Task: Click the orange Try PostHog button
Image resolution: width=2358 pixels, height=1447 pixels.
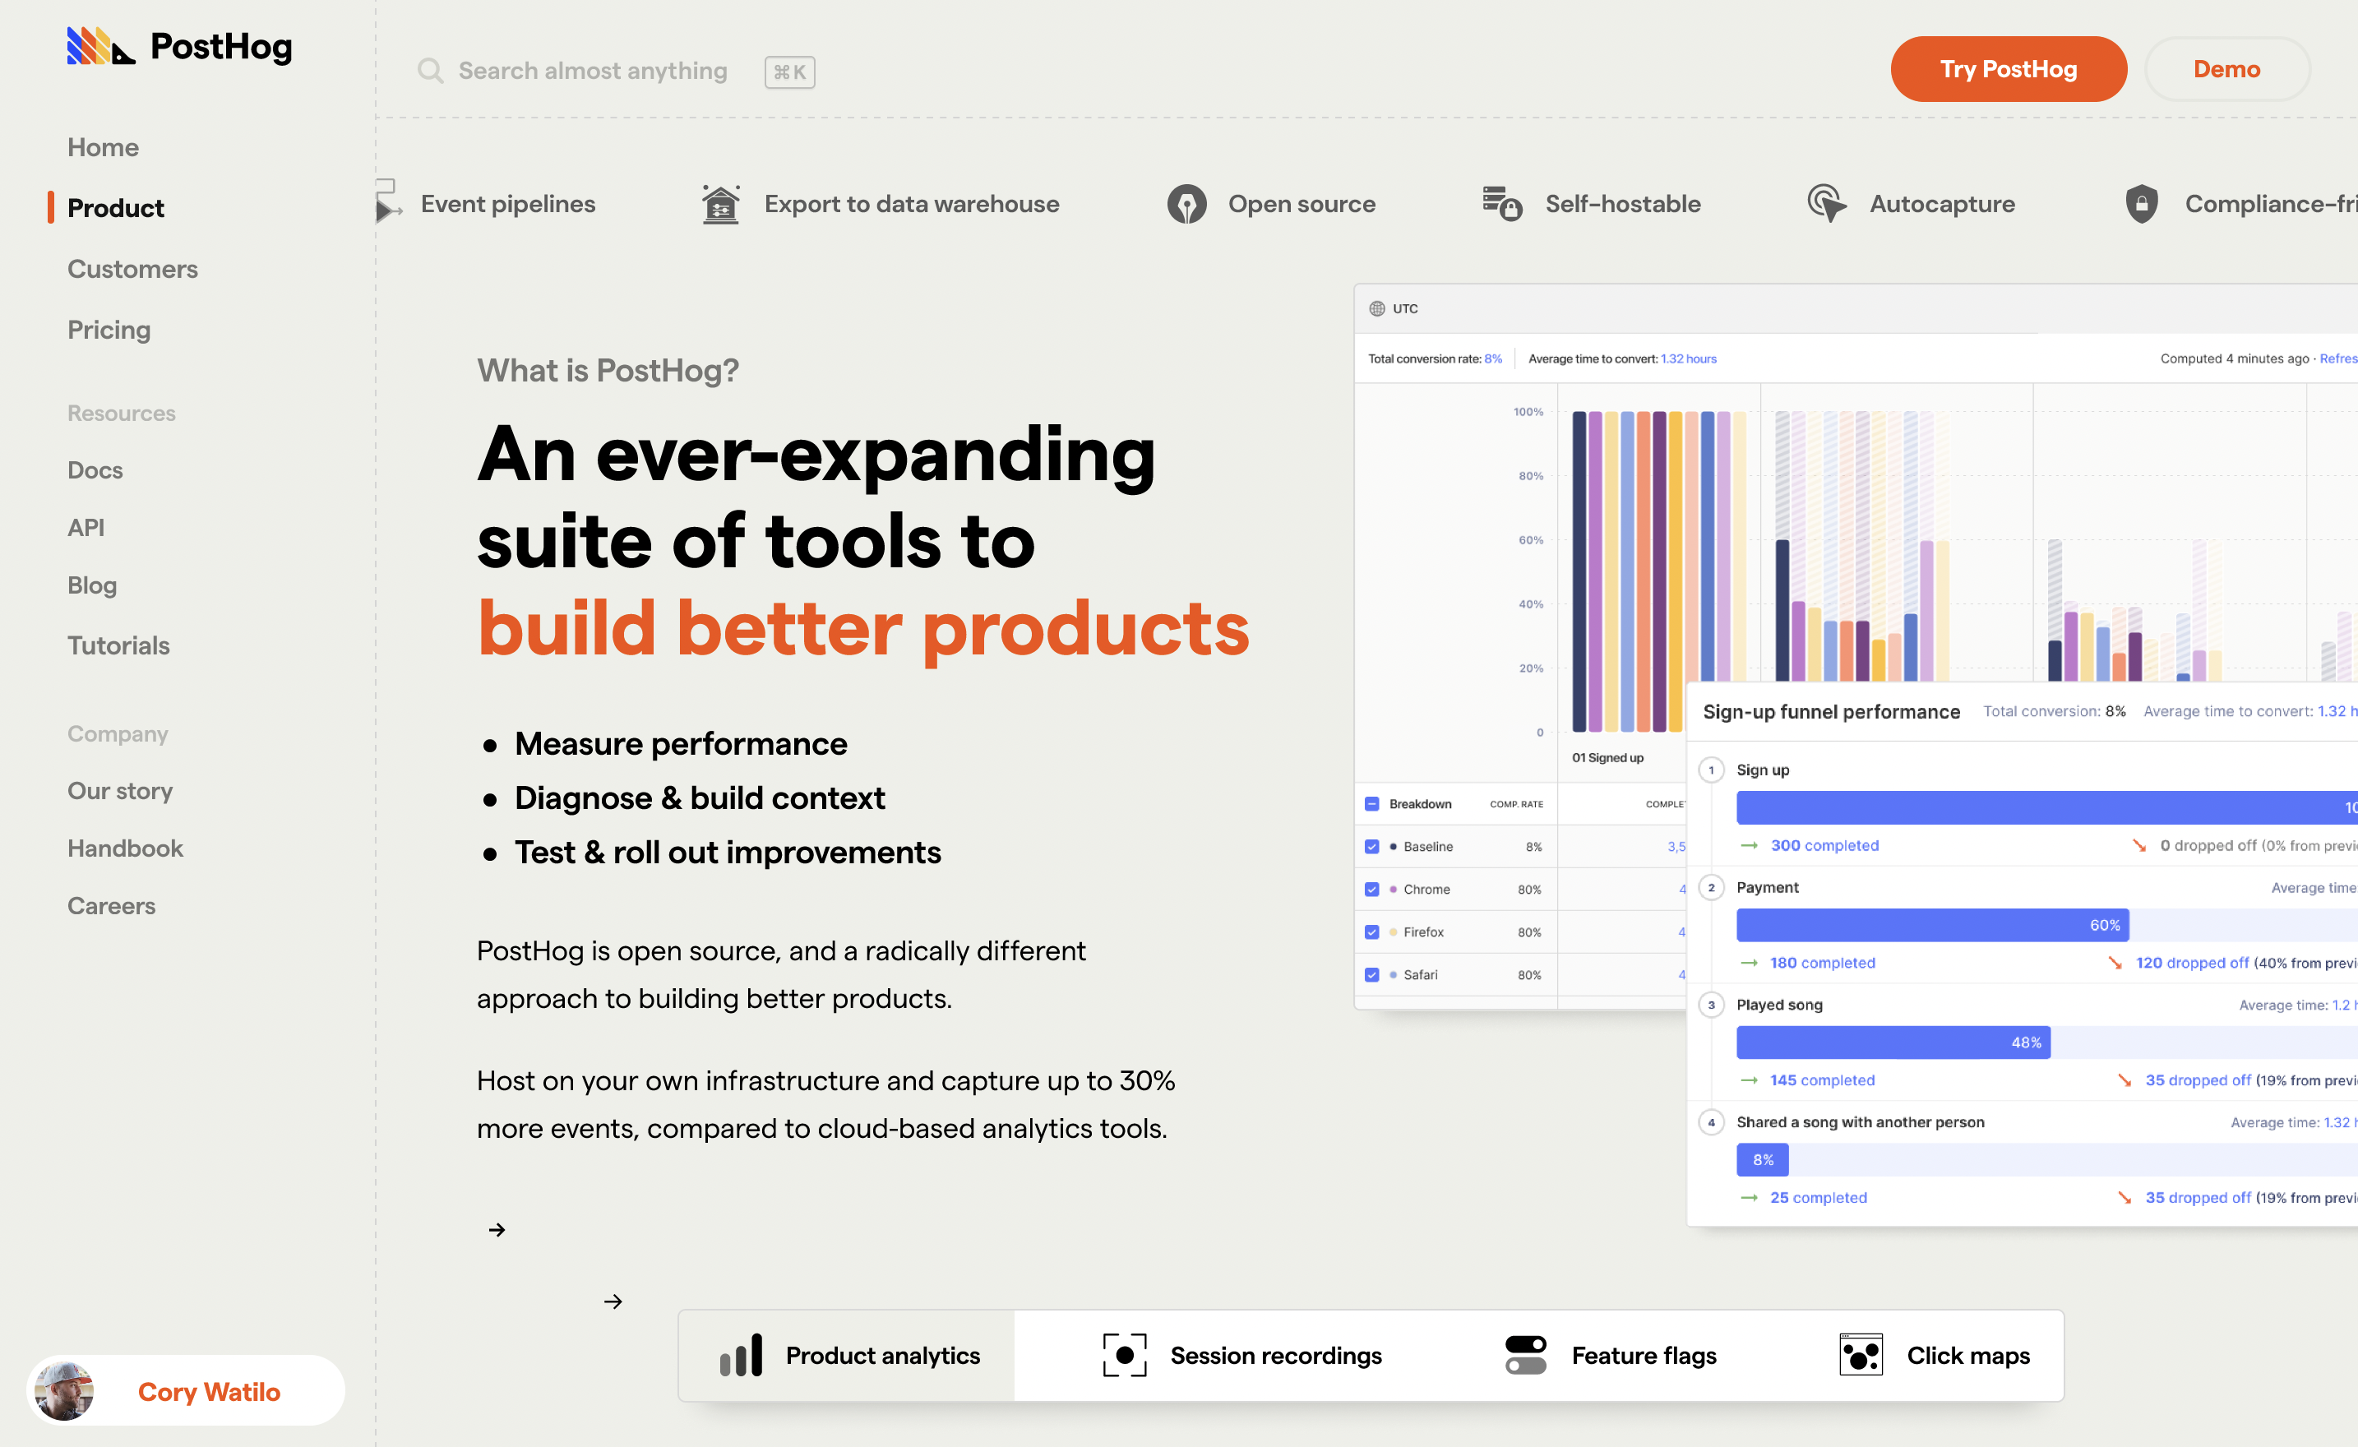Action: pos(2008,69)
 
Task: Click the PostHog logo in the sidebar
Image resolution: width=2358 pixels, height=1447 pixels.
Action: pos(179,46)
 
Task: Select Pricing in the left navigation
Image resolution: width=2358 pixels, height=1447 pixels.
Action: pos(109,331)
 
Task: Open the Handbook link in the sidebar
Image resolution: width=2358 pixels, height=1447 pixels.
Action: pos(124,848)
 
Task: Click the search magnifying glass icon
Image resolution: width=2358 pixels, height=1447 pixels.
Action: pos(431,71)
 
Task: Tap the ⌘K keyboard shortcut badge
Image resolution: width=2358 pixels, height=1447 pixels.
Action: pos(789,72)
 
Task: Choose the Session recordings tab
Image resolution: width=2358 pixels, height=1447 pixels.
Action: pos(1242,1355)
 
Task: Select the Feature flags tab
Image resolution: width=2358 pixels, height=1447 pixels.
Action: pos(1611,1355)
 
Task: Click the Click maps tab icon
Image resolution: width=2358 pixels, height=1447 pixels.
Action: pos(1861,1355)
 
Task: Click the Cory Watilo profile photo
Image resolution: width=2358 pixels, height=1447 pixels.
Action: pos(64,1390)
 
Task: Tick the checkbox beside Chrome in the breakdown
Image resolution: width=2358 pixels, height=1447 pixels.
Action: pos(1371,889)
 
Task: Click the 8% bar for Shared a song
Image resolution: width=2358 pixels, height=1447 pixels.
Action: pos(1762,1160)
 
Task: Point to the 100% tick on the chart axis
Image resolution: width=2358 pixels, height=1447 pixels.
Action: pos(1528,412)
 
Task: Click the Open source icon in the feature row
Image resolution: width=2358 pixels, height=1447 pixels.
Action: pos(1186,204)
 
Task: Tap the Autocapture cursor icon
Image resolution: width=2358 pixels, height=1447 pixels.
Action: pos(1827,204)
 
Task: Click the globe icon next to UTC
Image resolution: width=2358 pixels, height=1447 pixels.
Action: pos(1377,308)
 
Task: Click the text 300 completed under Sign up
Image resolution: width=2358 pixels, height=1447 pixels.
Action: pos(1824,845)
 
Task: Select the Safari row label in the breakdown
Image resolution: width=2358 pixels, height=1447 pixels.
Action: pos(1420,974)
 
